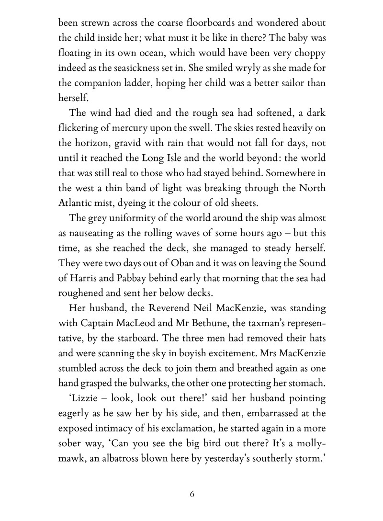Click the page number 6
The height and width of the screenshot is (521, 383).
click(191, 495)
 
